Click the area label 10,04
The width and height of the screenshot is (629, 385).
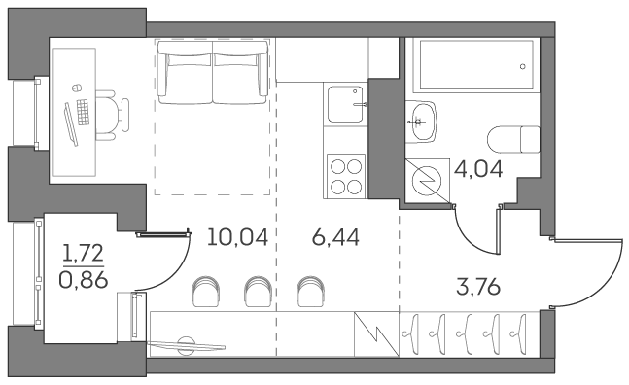coord(237,235)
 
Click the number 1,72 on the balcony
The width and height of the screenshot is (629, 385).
coord(84,256)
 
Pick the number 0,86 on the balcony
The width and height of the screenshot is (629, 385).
coord(84,282)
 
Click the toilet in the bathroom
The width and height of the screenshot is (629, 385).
coord(514,139)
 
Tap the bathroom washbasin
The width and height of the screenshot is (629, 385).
coord(423,121)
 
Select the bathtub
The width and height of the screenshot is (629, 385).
coord(474,68)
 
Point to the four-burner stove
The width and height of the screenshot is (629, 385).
coord(346,177)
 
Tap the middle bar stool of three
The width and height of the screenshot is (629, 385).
coord(257,289)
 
